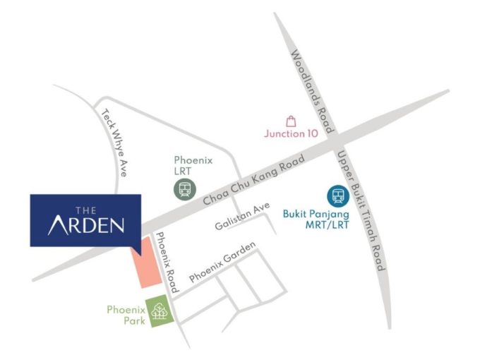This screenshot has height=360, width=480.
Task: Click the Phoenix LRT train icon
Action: pyautogui.click(x=185, y=188)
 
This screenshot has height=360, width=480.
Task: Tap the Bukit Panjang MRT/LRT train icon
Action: pyautogui.click(x=336, y=195)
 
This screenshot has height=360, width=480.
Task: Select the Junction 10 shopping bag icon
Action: pyautogui.click(x=291, y=121)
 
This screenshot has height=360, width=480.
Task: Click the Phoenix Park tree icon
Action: pyautogui.click(x=160, y=311)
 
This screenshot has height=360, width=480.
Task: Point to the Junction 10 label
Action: pyautogui.click(x=291, y=133)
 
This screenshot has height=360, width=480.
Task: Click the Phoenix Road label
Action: pyautogui.click(x=166, y=263)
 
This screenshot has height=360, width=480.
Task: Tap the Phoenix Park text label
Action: pyautogui.click(x=126, y=315)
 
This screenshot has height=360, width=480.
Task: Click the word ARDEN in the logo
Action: pyautogui.click(x=86, y=225)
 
